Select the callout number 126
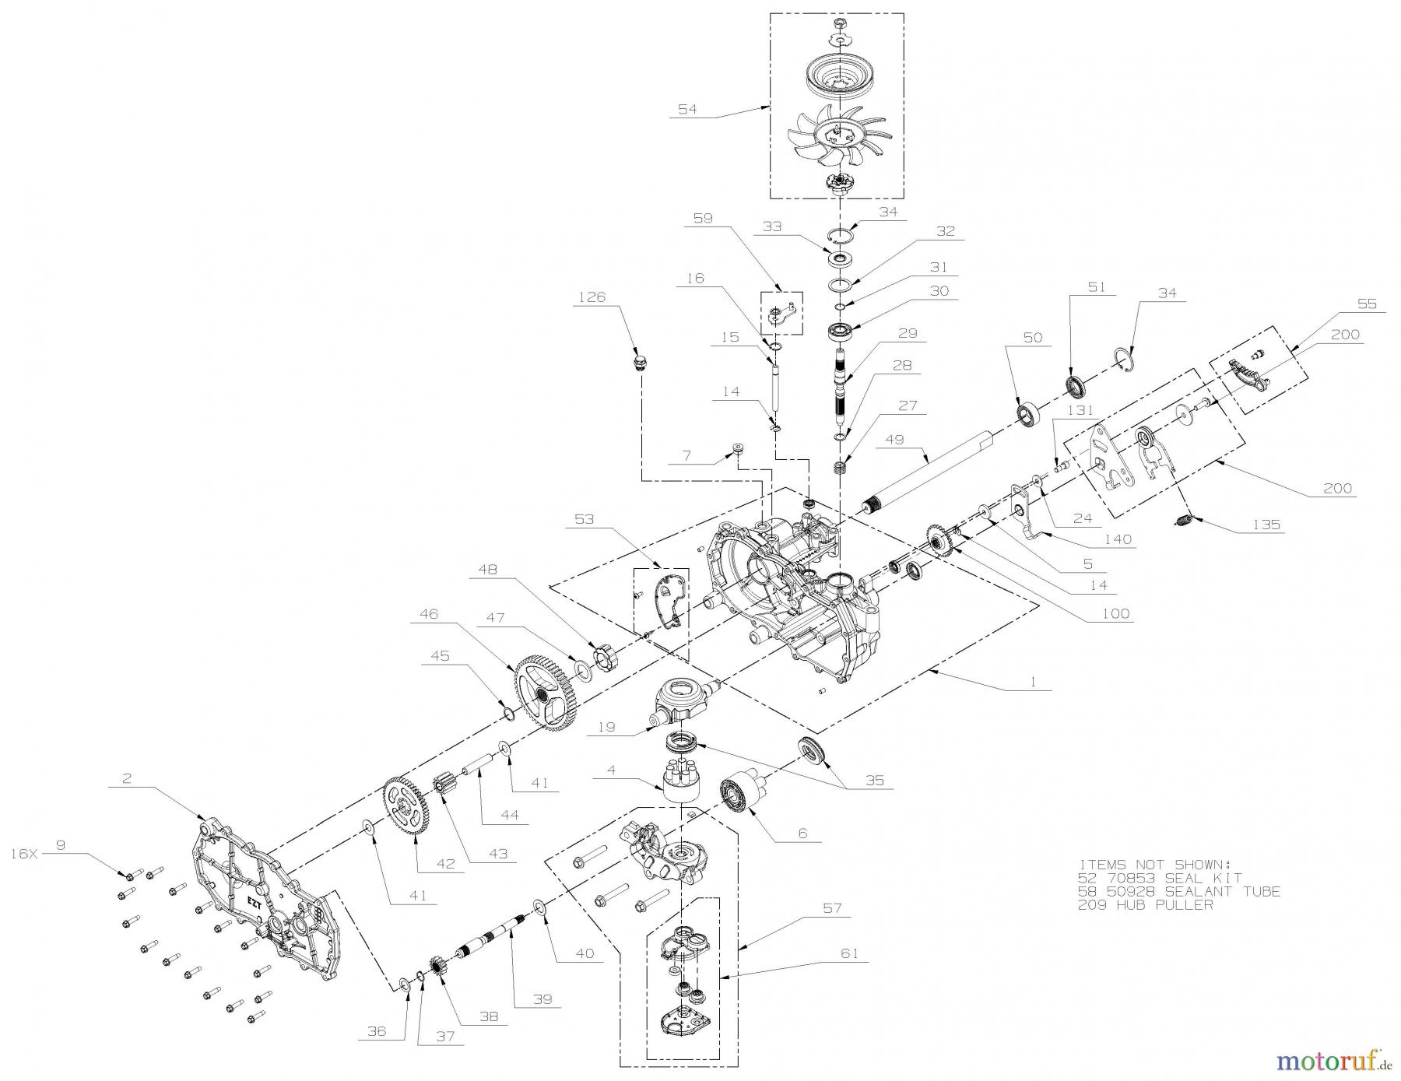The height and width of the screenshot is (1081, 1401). (592, 297)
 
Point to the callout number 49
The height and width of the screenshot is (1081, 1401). (894, 439)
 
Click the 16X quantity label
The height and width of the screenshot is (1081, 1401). (24, 853)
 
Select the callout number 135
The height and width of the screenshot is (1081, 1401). (1266, 524)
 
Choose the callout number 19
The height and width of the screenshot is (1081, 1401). (606, 727)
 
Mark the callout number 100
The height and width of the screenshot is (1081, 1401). (1115, 613)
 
